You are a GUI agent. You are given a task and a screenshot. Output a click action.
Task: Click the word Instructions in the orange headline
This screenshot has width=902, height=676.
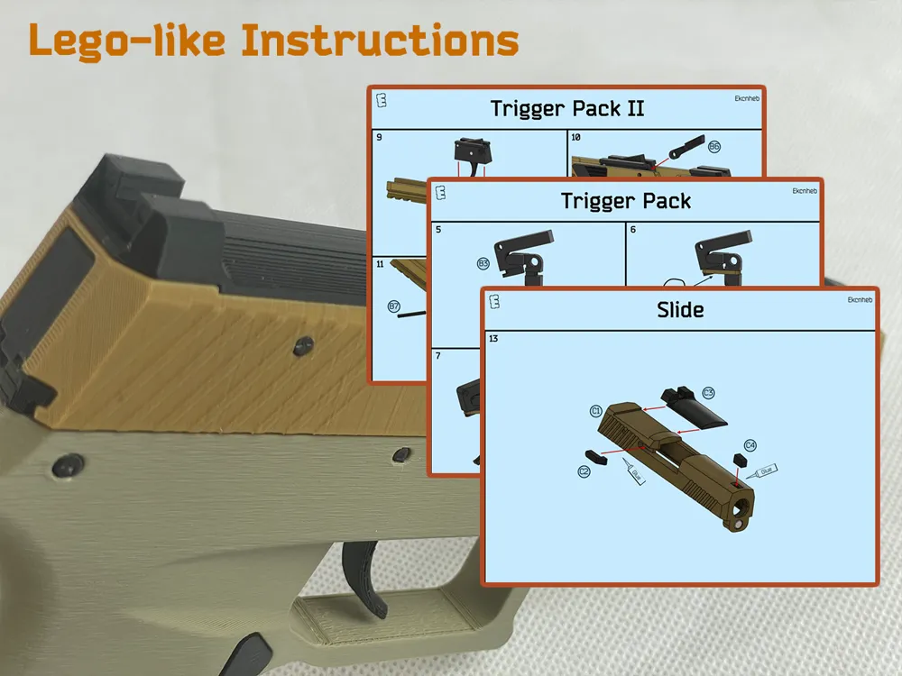click(x=379, y=41)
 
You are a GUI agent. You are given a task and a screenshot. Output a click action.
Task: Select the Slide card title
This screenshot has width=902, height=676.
click(x=680, y=310)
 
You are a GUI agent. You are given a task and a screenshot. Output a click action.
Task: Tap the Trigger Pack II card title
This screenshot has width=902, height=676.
click(x=567, y=109)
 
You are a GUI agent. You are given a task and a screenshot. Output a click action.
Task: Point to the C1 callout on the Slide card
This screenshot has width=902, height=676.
click(x=596, y=411)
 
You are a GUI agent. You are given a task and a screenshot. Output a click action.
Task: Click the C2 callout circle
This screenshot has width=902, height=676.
click(x=584, y=471)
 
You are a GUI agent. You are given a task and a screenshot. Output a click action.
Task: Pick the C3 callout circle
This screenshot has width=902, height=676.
click(x=708, y=392)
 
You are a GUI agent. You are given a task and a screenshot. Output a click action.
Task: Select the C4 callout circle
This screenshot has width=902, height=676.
click(x=750, y=445)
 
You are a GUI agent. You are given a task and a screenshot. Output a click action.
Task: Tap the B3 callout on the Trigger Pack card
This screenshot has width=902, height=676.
click(x=483, y=264)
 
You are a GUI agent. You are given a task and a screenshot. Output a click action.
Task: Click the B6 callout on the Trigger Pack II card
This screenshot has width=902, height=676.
click(x=713, y=146)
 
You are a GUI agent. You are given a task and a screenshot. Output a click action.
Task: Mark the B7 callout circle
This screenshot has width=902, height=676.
click(x=393, y=306)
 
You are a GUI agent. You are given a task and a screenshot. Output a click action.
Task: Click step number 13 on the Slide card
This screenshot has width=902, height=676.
click(x=493, y=339)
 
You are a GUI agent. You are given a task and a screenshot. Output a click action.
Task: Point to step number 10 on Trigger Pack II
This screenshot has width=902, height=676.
click(x=576, y=138)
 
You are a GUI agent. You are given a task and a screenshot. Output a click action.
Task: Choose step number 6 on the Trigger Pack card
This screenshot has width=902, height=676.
click(x=633, y=230)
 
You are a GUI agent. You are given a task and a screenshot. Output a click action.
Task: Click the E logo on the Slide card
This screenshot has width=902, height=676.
click(x=494, y=301)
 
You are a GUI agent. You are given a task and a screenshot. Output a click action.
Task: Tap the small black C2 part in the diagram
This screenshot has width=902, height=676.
click(x=599, y=454)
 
